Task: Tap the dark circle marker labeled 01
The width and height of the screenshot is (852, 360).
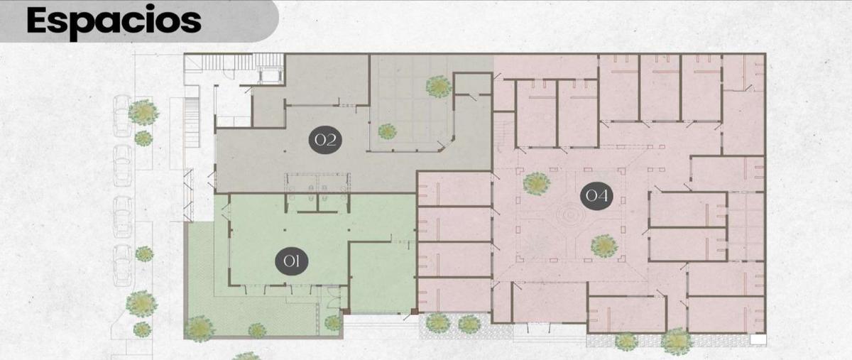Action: [292, 261]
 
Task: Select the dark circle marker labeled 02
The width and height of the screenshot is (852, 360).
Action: [325, 140]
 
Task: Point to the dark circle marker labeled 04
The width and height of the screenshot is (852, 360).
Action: [596, 195]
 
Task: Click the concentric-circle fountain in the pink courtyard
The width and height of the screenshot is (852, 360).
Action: [569, 214]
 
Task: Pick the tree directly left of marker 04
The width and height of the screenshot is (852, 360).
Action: [537, 184]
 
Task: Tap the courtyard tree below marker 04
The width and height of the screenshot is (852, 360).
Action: [604, 246]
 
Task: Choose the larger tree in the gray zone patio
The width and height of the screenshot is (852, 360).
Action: [439, 87]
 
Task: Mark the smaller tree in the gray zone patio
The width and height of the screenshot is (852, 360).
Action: [387, 131]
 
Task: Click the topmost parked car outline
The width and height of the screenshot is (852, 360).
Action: [122, 115]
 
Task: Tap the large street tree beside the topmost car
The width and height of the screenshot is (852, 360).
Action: [143, 112]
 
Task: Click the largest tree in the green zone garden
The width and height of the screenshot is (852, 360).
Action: [199, 329]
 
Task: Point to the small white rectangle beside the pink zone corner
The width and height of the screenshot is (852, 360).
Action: [758, 340]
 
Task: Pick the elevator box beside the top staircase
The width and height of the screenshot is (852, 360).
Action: [271, 75]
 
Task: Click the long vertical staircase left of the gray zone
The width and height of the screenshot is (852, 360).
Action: [191, 123]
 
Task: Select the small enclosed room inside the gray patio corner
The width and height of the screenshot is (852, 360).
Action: [473, 84]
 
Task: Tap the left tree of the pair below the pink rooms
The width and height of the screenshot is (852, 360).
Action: [438, 322]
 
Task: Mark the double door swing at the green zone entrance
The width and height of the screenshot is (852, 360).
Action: [333, 298]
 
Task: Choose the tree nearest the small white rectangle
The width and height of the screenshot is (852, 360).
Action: [677, 342]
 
